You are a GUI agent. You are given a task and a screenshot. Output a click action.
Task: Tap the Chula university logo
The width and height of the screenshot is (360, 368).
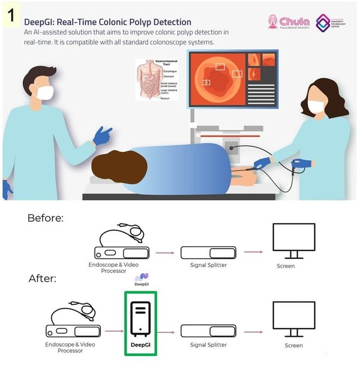coord(289,23)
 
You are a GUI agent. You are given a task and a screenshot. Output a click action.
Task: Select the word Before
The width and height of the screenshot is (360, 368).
coord(44,218)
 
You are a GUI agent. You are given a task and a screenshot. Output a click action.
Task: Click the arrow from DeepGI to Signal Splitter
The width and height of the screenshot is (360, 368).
coord(170,330)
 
